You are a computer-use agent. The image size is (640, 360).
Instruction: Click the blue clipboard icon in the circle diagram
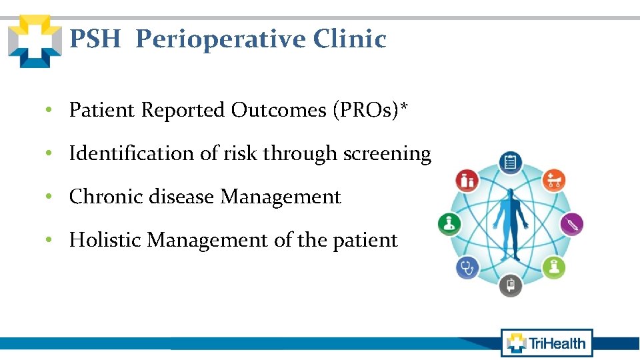tap(511, 162)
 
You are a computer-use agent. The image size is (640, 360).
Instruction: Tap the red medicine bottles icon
tap(467, 180)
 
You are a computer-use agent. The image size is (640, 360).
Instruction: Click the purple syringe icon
tap(572, 223)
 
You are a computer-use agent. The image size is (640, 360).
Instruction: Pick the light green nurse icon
tap(554, 267)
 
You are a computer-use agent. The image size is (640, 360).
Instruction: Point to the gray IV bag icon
tap(511, 285)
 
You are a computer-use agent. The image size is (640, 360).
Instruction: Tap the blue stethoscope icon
tap(467, 268)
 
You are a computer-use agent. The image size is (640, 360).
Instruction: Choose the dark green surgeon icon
tap(449, 224)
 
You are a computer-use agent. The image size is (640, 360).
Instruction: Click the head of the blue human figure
tap(511, 194)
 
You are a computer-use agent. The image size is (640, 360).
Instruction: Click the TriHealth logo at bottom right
tap(547, 343)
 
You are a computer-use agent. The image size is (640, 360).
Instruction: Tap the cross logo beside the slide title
tap(34, 41)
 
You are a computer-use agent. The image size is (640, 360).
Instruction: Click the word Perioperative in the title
tap(221, 40)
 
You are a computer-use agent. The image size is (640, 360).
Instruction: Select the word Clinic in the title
tap(349, 40)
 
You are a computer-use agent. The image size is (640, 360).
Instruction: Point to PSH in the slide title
tap(95, 40)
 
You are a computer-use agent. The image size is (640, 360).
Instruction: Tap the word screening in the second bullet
tap(387, 154)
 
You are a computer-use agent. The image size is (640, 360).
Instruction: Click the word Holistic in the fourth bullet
tap(105, 240)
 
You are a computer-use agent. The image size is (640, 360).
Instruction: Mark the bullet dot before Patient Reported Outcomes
tap(50, 110)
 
